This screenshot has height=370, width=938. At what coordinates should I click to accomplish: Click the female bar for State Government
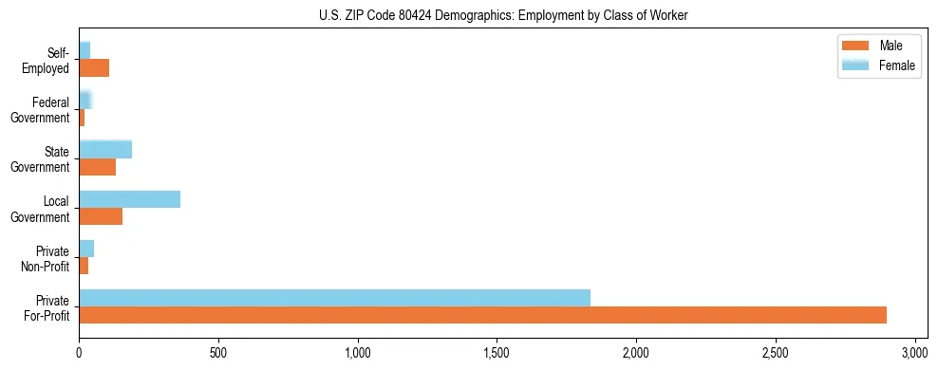point(105,150)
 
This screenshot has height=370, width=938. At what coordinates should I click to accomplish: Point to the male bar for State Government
point(97,167)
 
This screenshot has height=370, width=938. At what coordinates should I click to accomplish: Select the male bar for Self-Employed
point(94,68)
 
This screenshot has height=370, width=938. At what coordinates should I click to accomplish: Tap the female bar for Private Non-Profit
point(86,249)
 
